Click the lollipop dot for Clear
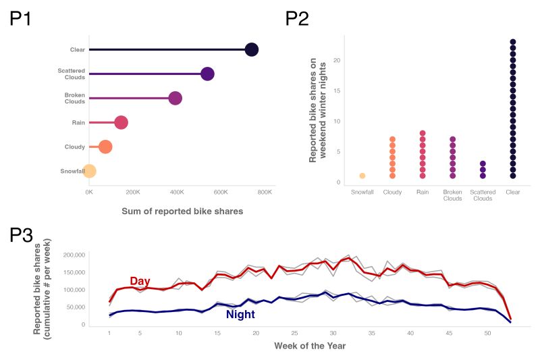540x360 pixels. click(252, 49)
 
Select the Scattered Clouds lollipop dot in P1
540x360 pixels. click(207, 74)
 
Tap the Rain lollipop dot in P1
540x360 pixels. click(121, 122)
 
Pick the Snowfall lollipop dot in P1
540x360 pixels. click(89, 171)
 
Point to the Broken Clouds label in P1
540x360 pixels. click(74, 98)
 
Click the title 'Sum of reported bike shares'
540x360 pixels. click(182, 211)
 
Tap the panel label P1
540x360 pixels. click(21, 19)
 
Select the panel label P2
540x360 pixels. click(297, 19)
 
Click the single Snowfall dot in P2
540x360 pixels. click(362, 176)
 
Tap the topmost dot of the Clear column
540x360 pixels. click(513, 42)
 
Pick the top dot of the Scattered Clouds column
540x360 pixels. click(483, 163)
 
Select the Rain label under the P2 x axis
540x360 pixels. click(423, 192)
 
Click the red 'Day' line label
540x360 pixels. click(140, 281)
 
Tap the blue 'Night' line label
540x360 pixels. click(240, 314)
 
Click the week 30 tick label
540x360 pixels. click(333, 334)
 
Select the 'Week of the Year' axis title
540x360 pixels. click(310, 346)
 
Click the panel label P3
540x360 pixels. click(21, 236)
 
